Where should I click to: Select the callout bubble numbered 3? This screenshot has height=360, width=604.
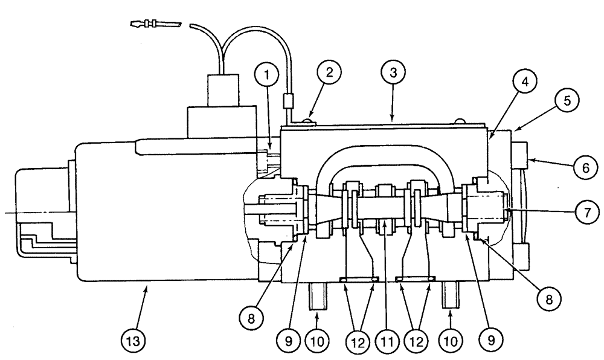(393, 76)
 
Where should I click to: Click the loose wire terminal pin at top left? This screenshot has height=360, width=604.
(155, 25)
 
